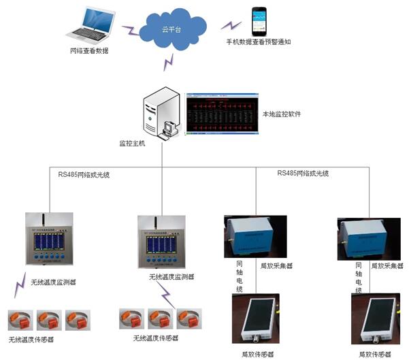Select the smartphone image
click(x=260, y=22)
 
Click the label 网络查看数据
click(x=89, y=51)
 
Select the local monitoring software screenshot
click(x=221, y=112)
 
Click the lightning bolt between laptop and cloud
click(x=130, y=31)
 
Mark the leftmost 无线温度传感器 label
click(x=31, y=339)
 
